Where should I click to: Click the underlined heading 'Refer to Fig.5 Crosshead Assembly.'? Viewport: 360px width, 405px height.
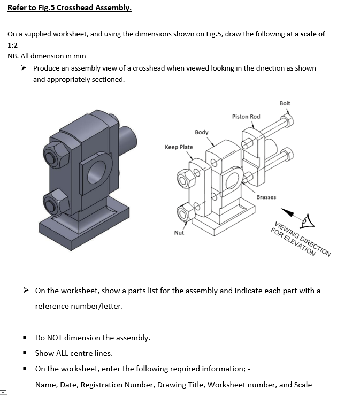tap(69, 8)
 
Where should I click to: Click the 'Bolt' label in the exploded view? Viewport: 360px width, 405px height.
tap(285, 103)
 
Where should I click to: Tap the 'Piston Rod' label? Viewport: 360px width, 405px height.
tap(246, 117)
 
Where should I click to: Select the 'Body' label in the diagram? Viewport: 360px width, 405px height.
tap(202, 132)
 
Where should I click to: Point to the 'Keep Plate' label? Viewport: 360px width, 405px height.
tap(179, 147)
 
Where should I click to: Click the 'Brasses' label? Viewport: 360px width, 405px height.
tap(266, 197)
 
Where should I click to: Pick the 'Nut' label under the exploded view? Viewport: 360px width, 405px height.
tap(179, 233)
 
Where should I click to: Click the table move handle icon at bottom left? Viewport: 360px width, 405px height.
tap(4, 391)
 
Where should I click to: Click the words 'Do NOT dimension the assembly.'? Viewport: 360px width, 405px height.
tap(93, 338)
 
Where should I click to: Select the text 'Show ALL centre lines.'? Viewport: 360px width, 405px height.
tap(74, 353)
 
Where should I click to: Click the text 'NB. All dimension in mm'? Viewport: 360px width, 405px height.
tap(47, 56)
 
